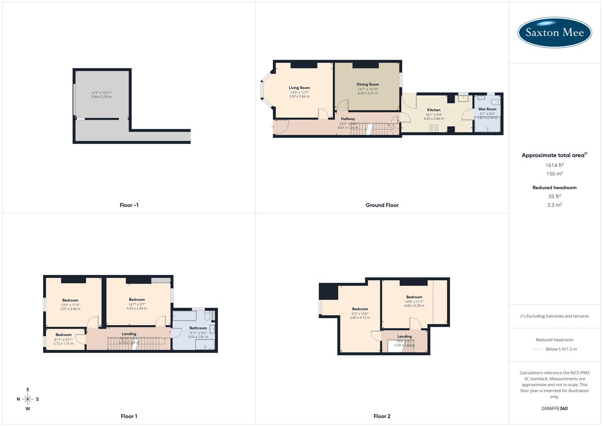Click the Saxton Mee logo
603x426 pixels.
pyautogui.click(x=554, y=32)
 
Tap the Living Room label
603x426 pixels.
pyautogui.click(x=299, y=88)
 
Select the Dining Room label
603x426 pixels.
pyautogui.click(x=368, y=84)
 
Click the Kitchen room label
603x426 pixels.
pyautogui.click(x=434, y=110)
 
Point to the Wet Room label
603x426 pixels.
pyautogui.click(x=487, y=109)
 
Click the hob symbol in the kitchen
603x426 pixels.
pyautogui.click(x=434, y=128)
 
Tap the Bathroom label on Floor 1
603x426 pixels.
pyautogui.click(x=198, y=328)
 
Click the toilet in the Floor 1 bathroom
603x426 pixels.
pyautogui.click(x=208, y=316)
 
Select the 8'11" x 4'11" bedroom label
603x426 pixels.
pyautogui.click(x=64, y=335)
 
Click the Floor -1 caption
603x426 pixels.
pyautogui.click(x=129, y=205)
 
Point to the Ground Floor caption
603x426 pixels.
pyautogui.click(x=382, y=205)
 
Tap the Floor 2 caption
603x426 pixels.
pyautogui.click(x=382, y=416)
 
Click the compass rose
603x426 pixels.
pyautogui.click(x=28, y=399)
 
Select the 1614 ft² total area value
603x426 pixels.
pyautogui.click(x=554, y=165)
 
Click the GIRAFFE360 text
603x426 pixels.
pyautogui.click(x=554, y=409)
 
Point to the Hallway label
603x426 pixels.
pyautogui.click(x=348, y=119)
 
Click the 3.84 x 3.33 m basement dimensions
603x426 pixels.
pyautogui.click(x=101, y=97)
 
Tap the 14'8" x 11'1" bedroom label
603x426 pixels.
pyautogui.click(x=414, y=297)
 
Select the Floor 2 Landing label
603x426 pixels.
pyautogui.click(x=404, y=336)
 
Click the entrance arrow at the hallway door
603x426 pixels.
pyautogui.click(x=272, y=127)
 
